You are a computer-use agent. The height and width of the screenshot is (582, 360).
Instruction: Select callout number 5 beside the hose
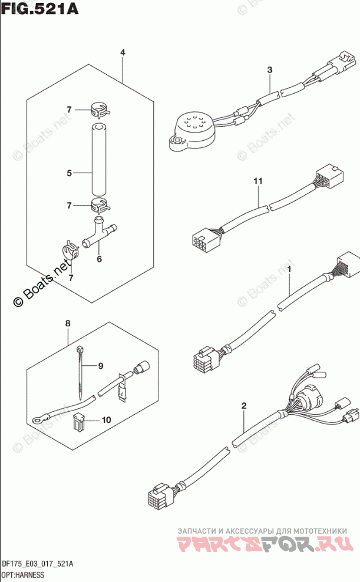pos(69,173)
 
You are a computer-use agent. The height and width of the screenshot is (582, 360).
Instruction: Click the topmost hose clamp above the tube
pos(101,109)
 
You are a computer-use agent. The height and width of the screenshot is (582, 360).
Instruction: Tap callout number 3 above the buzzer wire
pos(269,71)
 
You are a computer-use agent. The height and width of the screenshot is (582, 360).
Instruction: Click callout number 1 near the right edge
pos(290,269)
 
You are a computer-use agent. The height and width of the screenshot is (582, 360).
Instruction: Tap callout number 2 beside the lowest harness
pos(244,406)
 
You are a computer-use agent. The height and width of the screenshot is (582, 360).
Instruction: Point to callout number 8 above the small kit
pos(68,323)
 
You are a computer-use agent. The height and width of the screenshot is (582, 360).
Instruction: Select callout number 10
pos(106,420)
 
